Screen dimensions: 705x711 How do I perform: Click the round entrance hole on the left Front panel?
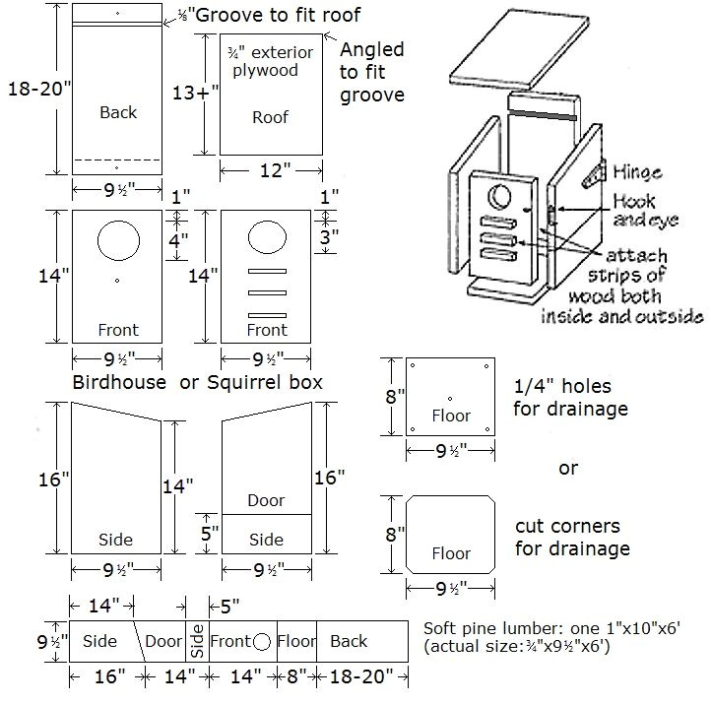pos(117,239)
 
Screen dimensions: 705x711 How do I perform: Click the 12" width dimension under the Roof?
pos(271,171)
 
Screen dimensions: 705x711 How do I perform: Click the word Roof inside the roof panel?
pos(270,116)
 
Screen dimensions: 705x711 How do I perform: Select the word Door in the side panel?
pos(266,500)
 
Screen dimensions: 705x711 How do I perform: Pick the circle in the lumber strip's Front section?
pos(262,642)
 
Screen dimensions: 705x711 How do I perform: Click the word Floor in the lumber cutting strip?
pos(295,642)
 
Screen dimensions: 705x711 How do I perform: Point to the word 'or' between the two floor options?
pos(568,468)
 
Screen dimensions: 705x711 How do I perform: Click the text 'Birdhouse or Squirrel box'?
pos(197,381)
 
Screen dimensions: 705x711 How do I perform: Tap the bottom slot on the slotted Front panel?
pos(267,314)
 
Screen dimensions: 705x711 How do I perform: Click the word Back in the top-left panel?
pos(118,112)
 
